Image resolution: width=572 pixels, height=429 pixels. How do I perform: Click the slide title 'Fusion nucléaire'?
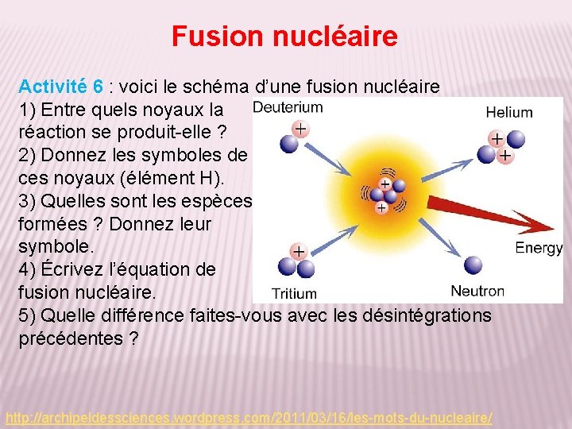click(284, 37)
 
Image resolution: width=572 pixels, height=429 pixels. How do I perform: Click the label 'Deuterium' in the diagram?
click(287, 107)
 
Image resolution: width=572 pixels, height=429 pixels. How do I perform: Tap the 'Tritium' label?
click(294, 293)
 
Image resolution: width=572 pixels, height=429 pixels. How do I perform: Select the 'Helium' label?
click(508, 112)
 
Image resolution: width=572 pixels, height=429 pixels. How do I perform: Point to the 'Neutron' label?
click(477, 291)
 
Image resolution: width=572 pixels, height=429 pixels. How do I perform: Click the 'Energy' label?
click(539, 248)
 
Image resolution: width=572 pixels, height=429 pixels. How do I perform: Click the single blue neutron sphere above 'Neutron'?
click(474, 265)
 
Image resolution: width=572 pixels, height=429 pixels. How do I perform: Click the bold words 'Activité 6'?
click(60, 87)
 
